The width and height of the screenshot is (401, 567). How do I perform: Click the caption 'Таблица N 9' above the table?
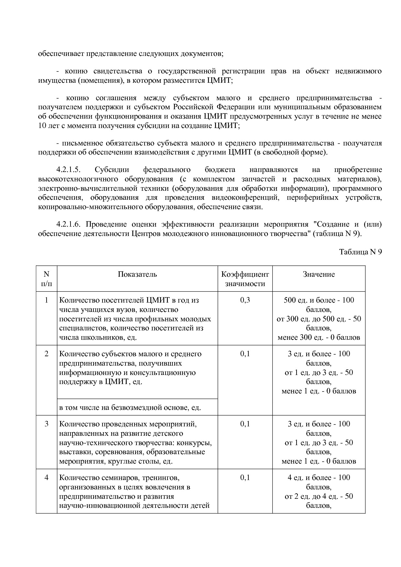[x=360, y=252]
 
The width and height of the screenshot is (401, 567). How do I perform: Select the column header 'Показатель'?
[x=137, y=274]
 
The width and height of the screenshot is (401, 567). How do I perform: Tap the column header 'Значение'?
[x=319, y=274]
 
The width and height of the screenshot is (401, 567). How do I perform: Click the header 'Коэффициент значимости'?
[x=245, y=279]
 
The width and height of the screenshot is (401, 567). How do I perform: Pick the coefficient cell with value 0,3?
[x=245, y=300]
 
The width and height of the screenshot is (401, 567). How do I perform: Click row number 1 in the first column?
[x=47, y=300]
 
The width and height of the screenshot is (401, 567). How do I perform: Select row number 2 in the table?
[x=47, y=354]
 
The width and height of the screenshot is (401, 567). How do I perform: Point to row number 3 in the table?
[x=47, y=424]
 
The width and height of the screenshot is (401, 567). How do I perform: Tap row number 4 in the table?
[x=47, y=478]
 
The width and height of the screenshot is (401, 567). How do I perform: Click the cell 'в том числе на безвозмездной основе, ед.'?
[x=130, y=408]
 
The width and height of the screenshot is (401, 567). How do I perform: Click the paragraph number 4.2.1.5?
[x=68, y=170]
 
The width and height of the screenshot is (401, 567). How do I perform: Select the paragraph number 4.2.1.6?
[x=68, y=224]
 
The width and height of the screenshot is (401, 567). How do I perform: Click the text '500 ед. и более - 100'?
[x=319, y=300]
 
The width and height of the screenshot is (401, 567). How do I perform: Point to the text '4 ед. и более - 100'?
[x=319, y=478]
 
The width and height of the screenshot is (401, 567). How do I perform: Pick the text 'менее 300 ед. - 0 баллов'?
[x=319, y=338]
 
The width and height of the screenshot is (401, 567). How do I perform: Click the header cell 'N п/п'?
[x=47, y=279]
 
